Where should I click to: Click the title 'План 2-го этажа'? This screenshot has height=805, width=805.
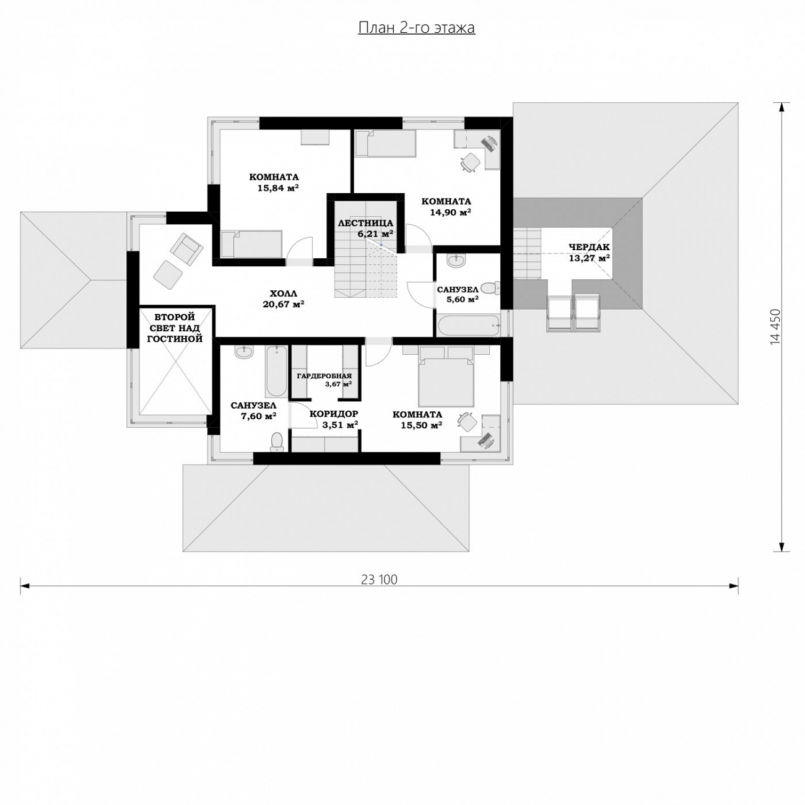(417, 28)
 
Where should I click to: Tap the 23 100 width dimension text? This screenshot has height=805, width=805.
(380, 580)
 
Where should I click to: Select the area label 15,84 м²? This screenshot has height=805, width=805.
(278, 188)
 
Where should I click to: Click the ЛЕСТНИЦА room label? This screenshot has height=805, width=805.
(365, 223)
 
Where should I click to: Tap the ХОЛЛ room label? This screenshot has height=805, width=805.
(284, 294)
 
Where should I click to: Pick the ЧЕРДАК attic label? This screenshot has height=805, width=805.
(589, 247)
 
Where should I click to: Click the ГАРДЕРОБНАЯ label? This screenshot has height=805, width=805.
(324, 376)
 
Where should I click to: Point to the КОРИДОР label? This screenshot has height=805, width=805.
(334, 414)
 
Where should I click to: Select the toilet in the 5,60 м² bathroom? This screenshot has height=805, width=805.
(489, 288)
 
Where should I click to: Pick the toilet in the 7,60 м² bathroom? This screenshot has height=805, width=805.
(277, 442)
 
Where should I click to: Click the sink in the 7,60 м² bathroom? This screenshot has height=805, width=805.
(244, 352)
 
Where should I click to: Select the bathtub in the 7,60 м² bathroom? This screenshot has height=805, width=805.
(276, 372)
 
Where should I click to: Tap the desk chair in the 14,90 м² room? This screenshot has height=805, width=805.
(470, 162)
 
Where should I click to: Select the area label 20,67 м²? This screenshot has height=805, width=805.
(283, 305)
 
